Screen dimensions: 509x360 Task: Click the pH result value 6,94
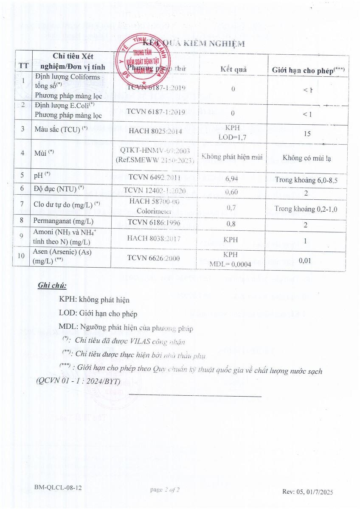click(231, 179)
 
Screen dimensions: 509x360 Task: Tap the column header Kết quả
click(233, 70)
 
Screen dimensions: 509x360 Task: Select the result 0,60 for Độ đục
click(231, 192)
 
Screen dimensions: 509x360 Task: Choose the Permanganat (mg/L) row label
click(63, 221)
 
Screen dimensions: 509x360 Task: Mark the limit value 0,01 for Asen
click(305, 260)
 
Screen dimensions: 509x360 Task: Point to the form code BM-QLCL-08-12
click(58, 488)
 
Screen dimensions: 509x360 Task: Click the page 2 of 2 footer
click(165, 490)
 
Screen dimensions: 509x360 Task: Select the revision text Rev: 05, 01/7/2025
click(307, 492)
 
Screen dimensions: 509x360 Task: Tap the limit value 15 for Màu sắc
click(307, 134)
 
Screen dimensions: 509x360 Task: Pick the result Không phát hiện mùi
click(232, 157)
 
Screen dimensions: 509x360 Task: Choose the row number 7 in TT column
click(21, 204)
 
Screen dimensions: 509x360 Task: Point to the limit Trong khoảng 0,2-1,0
click(306, 209)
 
